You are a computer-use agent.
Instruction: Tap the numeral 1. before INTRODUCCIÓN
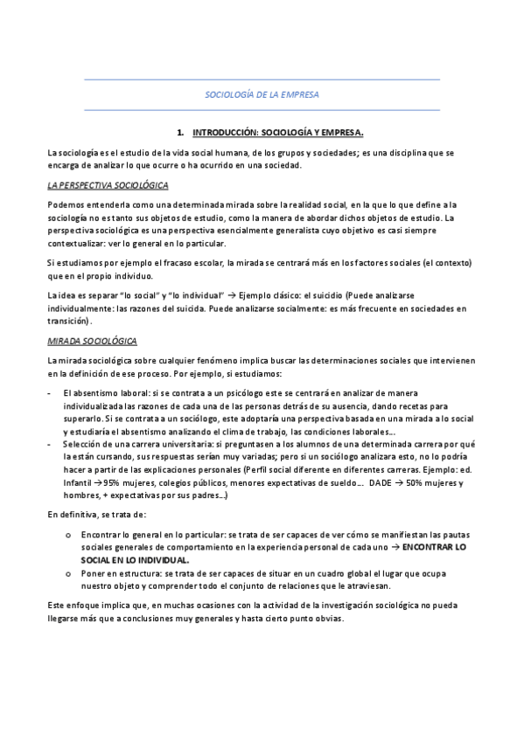(180, 133)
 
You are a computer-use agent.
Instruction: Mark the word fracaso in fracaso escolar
(177, 263)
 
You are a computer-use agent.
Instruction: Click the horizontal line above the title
(262, 80)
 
